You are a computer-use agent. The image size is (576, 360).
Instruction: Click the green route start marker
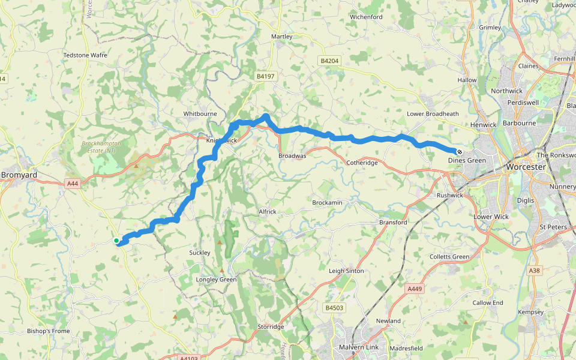pyautogui.click(x=116, y=241)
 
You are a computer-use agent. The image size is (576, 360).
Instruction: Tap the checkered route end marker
pyautogui.click(x=459, y=152)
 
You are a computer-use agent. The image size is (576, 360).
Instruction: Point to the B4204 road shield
pyautogui.click(x=329, y=61)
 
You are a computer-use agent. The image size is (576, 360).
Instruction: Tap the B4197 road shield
pyautogui.click(x=265, y=76)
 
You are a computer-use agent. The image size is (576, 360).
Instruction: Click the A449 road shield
pyautogui.click(x=415, y=289)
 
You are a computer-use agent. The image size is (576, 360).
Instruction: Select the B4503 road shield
pyautogui.click(x=334, y=308)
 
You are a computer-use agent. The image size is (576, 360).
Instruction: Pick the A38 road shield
pyautogui.click(x=535, y=271)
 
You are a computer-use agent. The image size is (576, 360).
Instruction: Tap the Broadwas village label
pyautogui.click(x=292, y=156)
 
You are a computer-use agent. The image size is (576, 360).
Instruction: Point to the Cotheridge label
pyautogui.click(x=362, y=163)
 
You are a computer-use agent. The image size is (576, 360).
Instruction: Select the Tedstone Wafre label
pyautogui.click(x=85, y=55)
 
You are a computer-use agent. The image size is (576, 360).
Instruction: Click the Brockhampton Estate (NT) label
pyautogui.click(x=101, y=147)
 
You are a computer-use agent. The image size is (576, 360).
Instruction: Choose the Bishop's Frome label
pyautogui.click(x=49, y=331)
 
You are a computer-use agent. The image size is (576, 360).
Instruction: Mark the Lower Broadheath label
pyautogui.click(x=433, y=114)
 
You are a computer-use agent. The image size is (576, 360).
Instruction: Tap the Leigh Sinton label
pyautogui.click(x=346, y=271)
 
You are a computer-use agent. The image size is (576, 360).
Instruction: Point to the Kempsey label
pyautogui.click(x=530, y=312)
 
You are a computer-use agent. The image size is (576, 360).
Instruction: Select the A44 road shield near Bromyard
pyautogui.click(x=73, y=184)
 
